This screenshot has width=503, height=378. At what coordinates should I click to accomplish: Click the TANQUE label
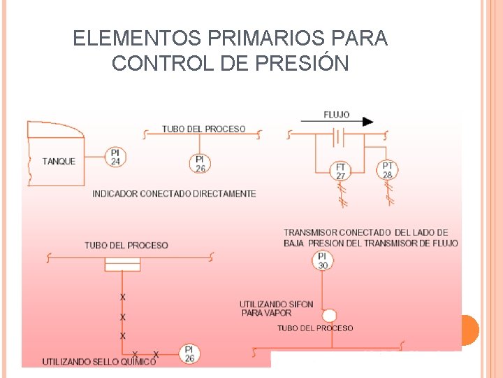point(59,162)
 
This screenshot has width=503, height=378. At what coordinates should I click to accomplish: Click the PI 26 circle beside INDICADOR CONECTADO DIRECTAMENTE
point(200,163)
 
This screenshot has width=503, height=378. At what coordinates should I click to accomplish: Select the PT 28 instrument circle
point(387,170)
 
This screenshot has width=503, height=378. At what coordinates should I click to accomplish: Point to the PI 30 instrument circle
point(323,261)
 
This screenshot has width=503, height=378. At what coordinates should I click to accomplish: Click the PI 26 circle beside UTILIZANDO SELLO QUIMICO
point(189,353)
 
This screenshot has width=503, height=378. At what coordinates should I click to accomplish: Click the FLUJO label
point(337,114)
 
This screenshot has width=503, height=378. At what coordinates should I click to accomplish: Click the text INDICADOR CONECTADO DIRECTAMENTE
point(174,193)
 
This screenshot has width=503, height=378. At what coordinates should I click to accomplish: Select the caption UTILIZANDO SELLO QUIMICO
point(99,362)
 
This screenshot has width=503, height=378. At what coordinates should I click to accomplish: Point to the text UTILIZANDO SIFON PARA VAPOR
point(276,309)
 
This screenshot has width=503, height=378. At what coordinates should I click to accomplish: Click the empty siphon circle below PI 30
point(329,316)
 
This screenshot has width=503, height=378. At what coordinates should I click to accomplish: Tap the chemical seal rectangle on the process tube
point(123,264)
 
